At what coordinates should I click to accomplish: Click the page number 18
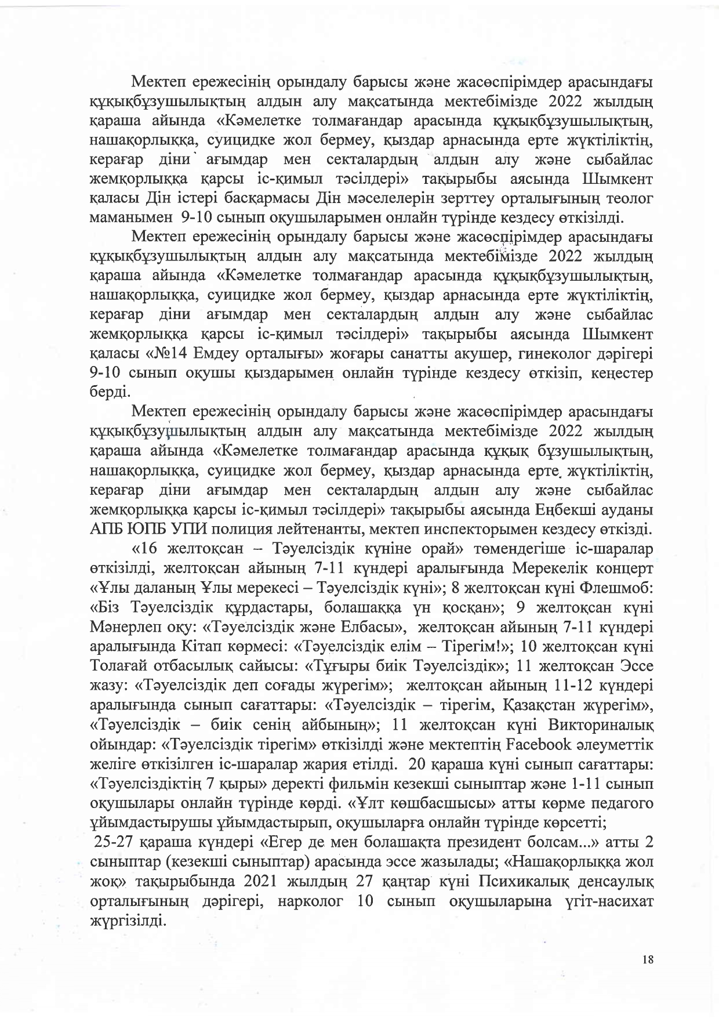coord(648,960)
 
